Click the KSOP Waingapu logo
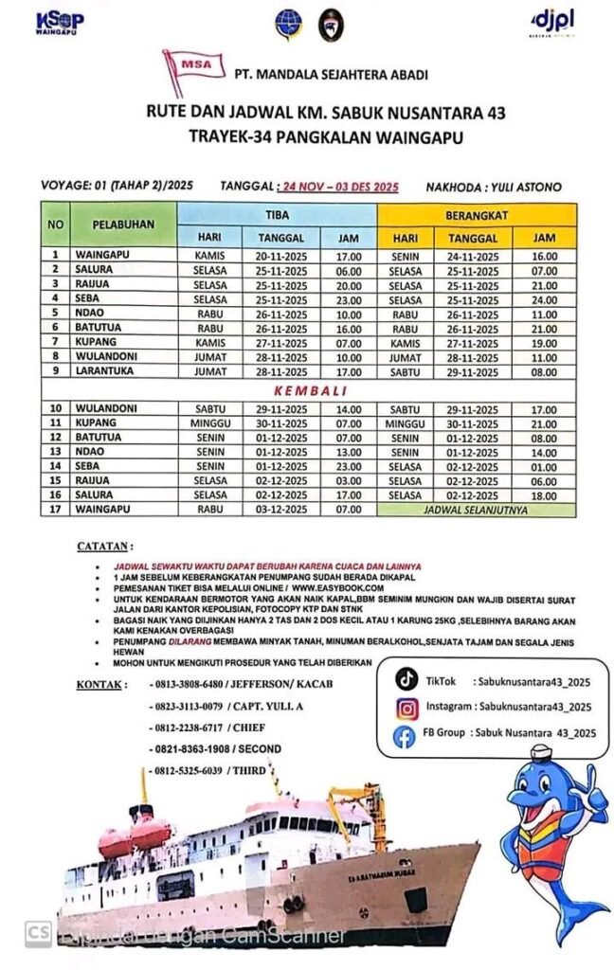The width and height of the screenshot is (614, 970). pyautogui.click(x=58, y=22)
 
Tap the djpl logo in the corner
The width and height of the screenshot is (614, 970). pyautogui.click(x=553, y=22)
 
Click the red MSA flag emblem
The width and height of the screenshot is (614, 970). pyautogui.click(x=193, y=68)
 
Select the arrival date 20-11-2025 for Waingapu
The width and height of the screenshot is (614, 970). pyautogui.click(x=280, y=254)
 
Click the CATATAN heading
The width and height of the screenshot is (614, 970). pyautogui.click(x=105, y=547)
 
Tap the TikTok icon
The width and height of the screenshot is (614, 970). pyautogui.click(x=406, y=679)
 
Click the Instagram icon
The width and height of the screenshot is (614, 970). pyautogui.click(x=406, y=707)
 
